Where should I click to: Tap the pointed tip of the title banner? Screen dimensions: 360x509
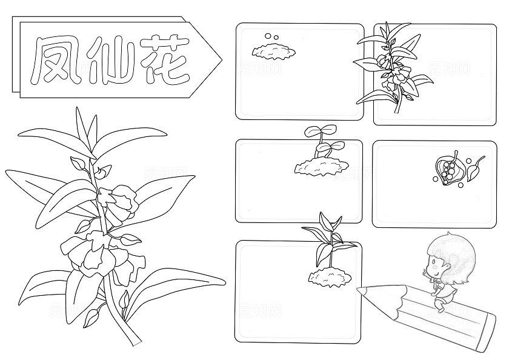pos(220,59)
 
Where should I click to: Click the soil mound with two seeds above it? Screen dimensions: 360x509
pos(274,51)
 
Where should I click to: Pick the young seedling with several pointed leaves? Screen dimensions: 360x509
pos(328,236)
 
